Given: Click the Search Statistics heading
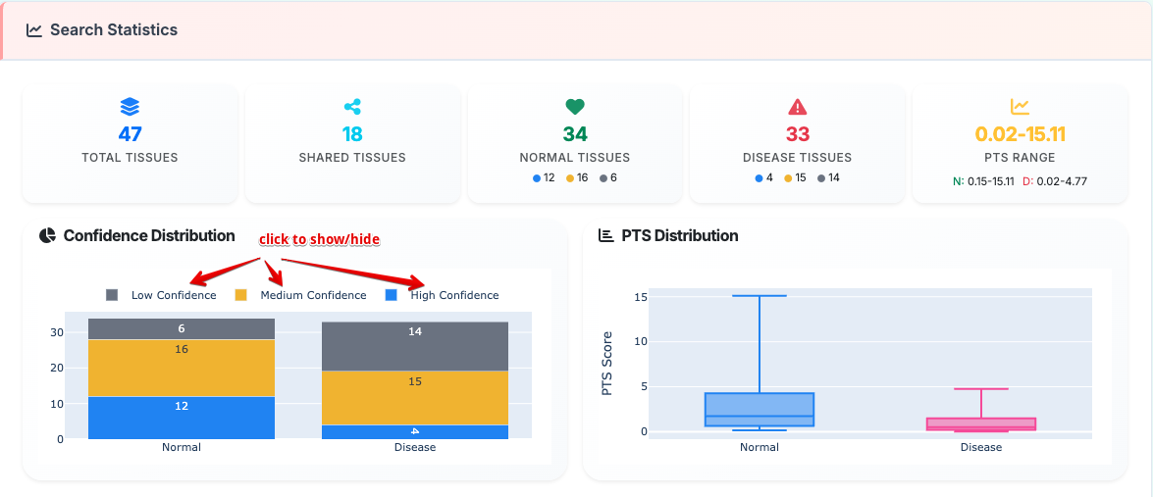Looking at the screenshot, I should point(113,30).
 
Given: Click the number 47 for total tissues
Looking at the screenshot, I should point(130,134).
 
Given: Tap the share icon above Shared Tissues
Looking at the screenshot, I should point(352,107).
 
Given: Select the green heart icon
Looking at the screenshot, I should point(575,107).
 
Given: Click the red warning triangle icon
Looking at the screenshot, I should point(797,107).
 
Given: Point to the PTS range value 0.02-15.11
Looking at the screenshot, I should point(1020,134).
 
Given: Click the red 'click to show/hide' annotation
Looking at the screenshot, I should point(319,239).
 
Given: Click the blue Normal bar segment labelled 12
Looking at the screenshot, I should point(182,418).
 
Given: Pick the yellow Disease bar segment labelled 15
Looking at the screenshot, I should point(415,397).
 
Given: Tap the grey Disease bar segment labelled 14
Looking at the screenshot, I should point(415,346).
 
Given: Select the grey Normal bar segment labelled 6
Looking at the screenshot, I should point(182,328).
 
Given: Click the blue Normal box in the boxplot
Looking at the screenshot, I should point(760,410).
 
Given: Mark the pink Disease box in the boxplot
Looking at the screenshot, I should point(981,423).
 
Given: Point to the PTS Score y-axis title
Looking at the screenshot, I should point(606,363).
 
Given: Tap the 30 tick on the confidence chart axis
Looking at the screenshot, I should point(57,332).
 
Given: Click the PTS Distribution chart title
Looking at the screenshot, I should point(679,236).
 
